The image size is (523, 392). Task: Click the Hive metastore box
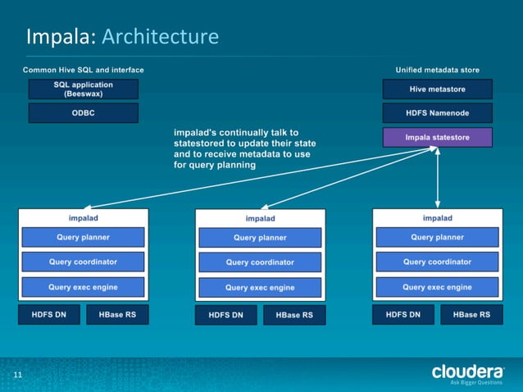(x=437, y=89)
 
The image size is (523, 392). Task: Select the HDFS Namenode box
(x=437, y=112)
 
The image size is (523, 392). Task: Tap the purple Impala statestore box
(x=437, y=137)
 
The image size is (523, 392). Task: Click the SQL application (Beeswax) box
(x=83, y=89)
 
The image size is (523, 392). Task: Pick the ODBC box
(x=83, y=112)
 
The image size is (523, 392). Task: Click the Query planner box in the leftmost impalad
(x=83, y=237)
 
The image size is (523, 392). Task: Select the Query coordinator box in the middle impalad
(x=260, y=262)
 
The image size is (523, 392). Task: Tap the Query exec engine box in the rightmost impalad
(x=437, y=287)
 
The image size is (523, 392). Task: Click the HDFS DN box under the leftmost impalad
(x=49, y=314)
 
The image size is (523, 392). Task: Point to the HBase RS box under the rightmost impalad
(x=471, y=314)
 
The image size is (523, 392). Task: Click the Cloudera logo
(x=467, y=373)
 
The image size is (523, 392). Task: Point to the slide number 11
(x=16, y=376)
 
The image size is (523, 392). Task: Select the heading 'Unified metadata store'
(x=437, y=71)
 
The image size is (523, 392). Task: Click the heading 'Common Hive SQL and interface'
(x=83, y=71)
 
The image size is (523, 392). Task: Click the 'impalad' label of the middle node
(x=260, y=218)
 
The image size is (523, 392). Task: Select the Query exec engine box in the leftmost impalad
(x=83, y=287)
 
